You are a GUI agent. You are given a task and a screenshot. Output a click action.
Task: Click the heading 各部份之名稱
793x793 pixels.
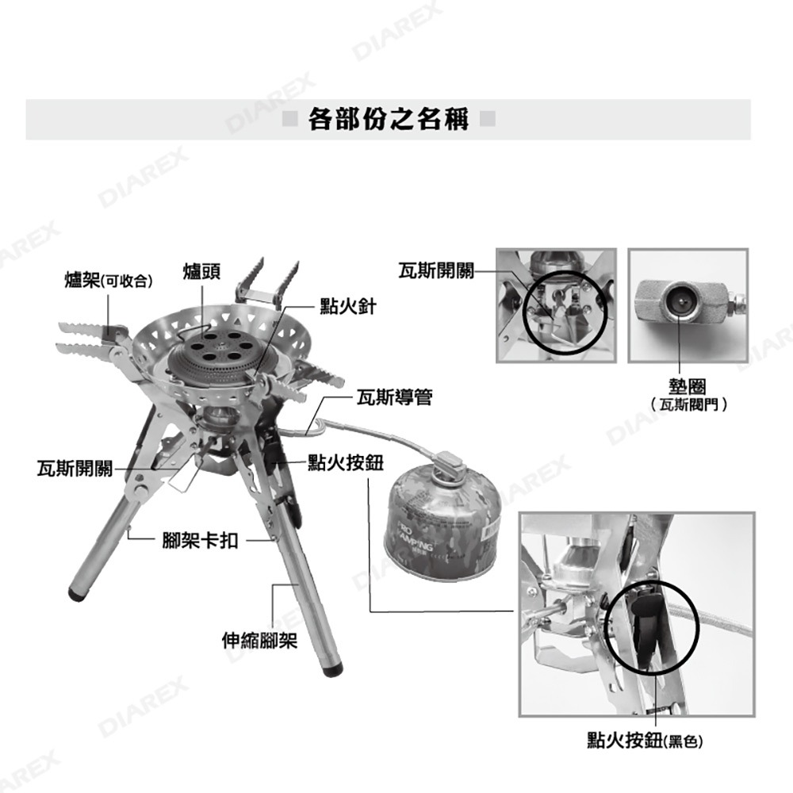[x=389, y=120]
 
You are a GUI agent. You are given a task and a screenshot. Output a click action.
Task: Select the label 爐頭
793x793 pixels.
[x=201, y=271]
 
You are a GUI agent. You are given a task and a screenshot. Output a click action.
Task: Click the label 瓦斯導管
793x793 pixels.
[x=395, y=397]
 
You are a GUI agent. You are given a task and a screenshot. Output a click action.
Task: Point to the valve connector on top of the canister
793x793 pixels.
[x=446, y=462]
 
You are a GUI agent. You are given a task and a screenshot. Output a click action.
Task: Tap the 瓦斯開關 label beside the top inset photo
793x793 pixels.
[x=436, y=271]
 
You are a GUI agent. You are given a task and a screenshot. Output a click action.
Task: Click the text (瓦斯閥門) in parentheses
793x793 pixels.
[x=687, y=405]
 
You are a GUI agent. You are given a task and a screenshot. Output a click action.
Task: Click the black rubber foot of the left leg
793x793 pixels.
[x=79, y=592]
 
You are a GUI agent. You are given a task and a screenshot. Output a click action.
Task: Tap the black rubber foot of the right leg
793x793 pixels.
[x=334, y=668]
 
